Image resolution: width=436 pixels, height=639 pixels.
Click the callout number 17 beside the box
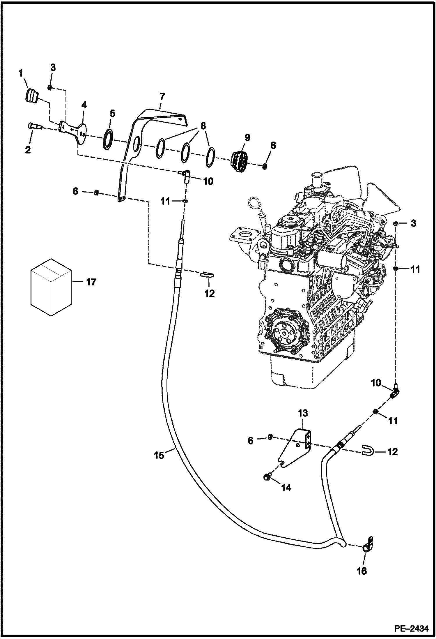[91, 282]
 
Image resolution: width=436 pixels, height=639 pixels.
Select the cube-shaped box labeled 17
[51, 287]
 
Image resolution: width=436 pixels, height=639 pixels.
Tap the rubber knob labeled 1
[31, 96]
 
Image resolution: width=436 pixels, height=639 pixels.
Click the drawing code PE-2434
[411, 629]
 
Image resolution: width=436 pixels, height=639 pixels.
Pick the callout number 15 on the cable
[159, 455]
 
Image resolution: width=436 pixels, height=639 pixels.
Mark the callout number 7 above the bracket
[162, 96]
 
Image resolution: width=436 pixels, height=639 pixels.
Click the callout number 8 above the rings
[203, 126]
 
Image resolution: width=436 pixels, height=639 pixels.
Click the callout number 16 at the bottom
[362, 571]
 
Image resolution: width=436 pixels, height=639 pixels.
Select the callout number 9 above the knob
[247, 137]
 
